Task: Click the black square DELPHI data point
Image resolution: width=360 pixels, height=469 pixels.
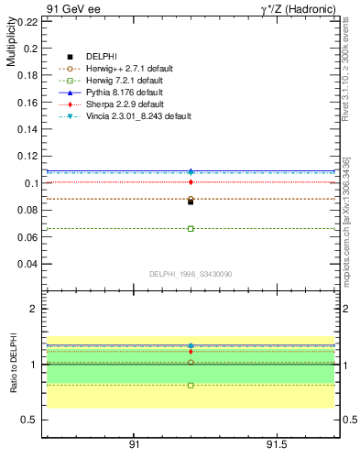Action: pyautogui.click(x=191, y=202)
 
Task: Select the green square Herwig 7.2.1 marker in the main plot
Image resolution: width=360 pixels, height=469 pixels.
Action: pyautogui.click(x=191, y=228)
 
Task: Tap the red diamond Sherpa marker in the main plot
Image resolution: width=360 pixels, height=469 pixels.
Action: pyautogui.click(x=191, y=182)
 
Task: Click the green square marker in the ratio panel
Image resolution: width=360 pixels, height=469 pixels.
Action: pyautogui.click(x=191, y=386)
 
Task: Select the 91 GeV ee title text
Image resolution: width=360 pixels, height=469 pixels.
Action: pyautogui.click(x=68, y=9)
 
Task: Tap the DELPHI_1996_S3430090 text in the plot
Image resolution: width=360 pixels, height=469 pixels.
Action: pyautogui.click(x=190, y=274)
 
